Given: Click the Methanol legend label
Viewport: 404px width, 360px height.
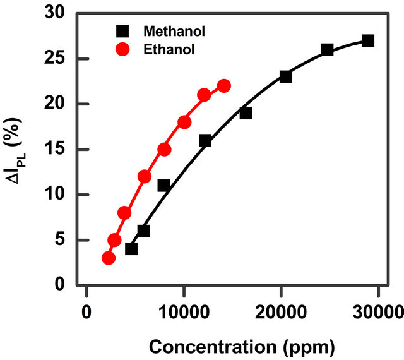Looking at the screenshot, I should [174, 31].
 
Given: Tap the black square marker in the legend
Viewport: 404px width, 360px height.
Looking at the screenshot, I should [123, 31].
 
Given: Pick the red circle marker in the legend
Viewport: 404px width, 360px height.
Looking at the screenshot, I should [123, 49].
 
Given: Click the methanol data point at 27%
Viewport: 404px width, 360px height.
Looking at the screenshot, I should [368, 40].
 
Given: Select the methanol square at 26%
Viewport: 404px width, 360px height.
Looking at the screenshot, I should [327, 49].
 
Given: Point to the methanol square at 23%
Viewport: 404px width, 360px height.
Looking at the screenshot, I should [285, 76].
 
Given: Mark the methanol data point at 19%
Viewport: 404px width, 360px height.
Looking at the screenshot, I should [246, 113].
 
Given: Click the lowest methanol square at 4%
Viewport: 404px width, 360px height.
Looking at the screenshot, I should [131, 249].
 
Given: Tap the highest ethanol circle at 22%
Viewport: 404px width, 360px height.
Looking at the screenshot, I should [224, 86].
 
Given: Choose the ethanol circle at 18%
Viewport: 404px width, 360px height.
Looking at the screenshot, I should [184, 122].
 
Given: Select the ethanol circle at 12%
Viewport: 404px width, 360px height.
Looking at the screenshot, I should [145, 176].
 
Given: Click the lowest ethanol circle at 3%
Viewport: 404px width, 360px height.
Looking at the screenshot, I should [108, 258].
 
